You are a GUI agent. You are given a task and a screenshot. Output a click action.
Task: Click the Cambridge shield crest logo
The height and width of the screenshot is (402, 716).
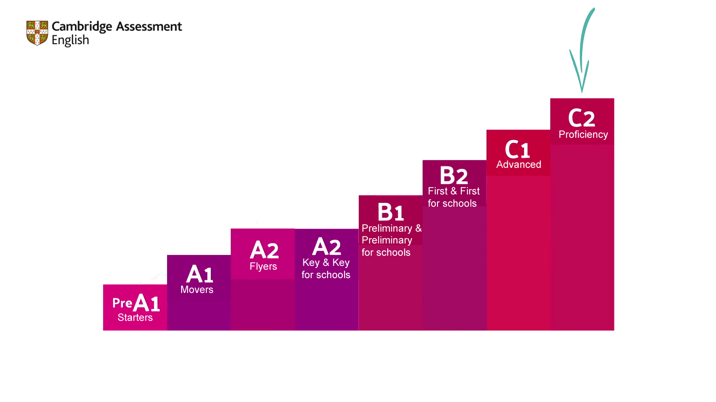pos(37,33)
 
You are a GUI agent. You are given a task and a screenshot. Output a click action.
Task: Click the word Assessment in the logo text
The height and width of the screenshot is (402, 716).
pos(149,27)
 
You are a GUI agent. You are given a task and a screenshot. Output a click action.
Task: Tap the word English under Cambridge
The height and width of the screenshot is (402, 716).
pos(70,41)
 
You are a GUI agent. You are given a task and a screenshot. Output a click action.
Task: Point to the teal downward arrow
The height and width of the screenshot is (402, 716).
pos(583,51)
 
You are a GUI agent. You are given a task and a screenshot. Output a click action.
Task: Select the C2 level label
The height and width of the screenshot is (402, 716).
pos(581,118)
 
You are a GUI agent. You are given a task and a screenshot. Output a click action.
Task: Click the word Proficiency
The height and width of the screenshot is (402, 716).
pos(583,134)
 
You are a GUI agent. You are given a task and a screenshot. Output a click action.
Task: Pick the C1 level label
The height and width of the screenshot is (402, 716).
pos(517,149)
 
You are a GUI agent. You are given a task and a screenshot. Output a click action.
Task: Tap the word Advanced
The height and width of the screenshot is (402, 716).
pos(518,164)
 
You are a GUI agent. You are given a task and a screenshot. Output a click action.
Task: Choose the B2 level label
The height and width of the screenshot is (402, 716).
pos(454,175)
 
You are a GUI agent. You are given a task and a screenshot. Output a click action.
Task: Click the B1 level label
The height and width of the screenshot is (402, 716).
pos(390,212)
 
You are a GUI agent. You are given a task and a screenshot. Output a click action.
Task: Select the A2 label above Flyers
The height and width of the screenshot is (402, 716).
pos(264,250)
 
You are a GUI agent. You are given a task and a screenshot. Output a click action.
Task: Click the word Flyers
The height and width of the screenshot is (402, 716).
pos(263,266)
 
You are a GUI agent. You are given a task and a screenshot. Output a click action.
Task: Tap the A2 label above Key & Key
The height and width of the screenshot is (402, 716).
pos(326,246)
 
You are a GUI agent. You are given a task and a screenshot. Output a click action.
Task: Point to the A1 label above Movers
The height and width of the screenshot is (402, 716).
pos(199,274)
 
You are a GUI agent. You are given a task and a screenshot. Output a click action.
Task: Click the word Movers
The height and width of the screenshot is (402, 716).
pos(197,290)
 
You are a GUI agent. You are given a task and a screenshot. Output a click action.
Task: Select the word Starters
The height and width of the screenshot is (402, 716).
pos(135,317)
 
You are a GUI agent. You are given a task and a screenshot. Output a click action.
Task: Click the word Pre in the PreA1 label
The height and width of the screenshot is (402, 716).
pos(122,303)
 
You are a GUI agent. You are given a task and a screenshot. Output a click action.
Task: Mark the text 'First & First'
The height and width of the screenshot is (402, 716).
pos(454,191)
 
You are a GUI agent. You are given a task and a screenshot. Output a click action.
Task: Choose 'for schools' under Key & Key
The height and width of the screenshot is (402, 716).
pos(326,275)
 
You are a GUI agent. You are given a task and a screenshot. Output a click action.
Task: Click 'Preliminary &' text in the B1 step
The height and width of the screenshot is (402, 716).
pos(391,228)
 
